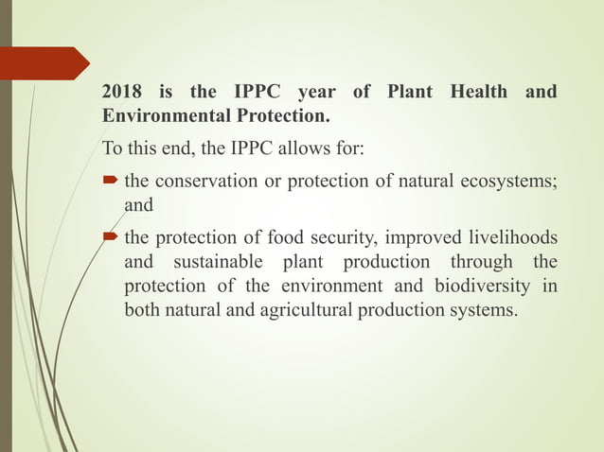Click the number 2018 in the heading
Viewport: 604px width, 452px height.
pyautogui.click(x=123, y=93)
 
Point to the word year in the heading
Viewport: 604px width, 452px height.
pyautogui.click(x=316, y=93)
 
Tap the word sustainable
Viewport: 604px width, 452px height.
pyautogui.click(x=219, y=262)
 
